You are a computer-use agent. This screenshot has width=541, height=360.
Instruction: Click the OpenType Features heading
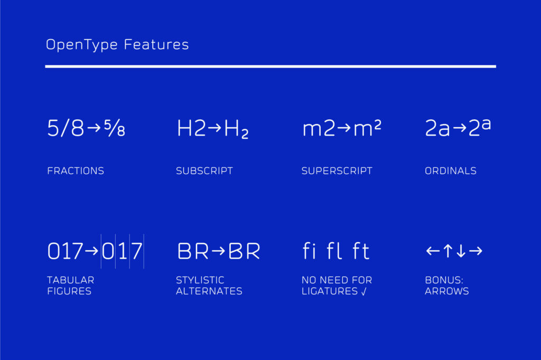(x=117, y=45)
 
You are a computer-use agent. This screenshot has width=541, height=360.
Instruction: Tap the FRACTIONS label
(x=76, y=171)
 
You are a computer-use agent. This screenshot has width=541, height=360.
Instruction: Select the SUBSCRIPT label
(x=204, y=171)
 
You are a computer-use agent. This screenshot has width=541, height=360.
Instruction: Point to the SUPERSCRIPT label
(x=337, y=171)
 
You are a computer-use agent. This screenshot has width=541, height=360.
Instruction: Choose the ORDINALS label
(x=451, y=171)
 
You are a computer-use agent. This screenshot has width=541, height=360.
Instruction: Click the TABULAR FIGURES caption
(x=70, y=286)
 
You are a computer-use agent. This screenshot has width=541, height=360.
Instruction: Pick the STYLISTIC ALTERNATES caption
(x=209, y=286)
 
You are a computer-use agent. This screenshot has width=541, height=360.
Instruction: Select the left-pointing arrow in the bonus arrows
(x=433, y=251)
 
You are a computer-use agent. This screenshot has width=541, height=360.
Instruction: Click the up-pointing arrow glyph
(x=447, y=251)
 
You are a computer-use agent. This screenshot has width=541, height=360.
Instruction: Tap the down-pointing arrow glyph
(x=461, y=251)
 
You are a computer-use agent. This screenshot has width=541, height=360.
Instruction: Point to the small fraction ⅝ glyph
(x=115, y=129)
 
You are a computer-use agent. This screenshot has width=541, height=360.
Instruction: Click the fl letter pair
(x=335, y=251)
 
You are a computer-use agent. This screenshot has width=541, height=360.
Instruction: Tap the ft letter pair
(x=361, y=251)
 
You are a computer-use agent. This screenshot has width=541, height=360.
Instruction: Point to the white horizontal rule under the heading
(x=270, y=67)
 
